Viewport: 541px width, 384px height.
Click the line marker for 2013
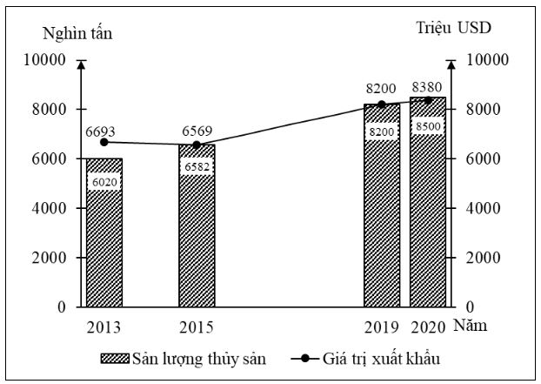pos(104,142)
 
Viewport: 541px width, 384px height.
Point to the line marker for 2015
pos(197,145)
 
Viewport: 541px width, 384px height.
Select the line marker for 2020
pos(428,100)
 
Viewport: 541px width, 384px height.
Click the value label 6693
pos(101,131)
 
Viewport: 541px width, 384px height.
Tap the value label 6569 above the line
pos(197,131)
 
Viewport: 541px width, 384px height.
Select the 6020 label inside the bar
pos(104,181)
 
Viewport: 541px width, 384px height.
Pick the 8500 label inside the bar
pos(428,125)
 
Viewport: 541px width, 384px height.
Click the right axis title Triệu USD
pos(453,27)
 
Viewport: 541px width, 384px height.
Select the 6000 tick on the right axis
pos(484,159)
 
